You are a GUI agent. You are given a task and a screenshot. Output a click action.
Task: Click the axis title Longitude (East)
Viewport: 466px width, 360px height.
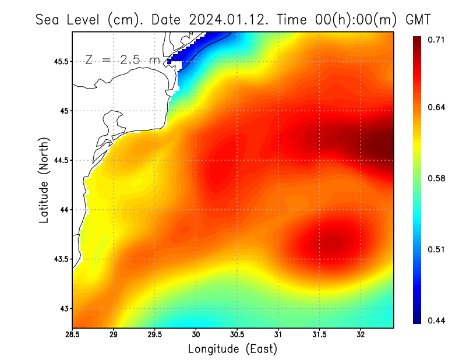pyautogui.click(x=232, y=349)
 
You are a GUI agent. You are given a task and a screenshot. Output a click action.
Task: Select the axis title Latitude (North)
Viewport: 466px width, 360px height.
pyautogui.click(x=44, y=180)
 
